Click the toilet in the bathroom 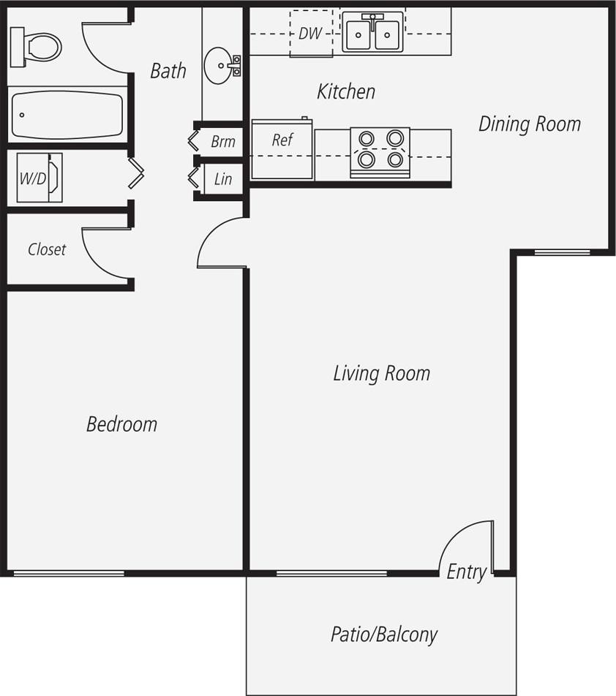tap(36, 46)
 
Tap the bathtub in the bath tap(66, 115)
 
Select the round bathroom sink tap(220, 66)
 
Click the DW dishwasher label tap(310, 34)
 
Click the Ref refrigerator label tap(282, 140)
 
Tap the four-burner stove tap(380, 148)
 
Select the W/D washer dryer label tap(31, 178)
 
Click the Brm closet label tap(222, 141)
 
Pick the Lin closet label tap(223, 179)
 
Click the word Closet tap(47, 249)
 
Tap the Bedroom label tap(121, 424)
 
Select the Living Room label tap(381, 374)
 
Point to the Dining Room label tap(529, 124)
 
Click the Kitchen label tap(346, 91)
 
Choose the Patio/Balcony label tap(383, 634)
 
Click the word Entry tap(466, 572)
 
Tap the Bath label tap(168, 71)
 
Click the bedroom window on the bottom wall tap(70, 572)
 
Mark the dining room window tap(562, 252)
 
